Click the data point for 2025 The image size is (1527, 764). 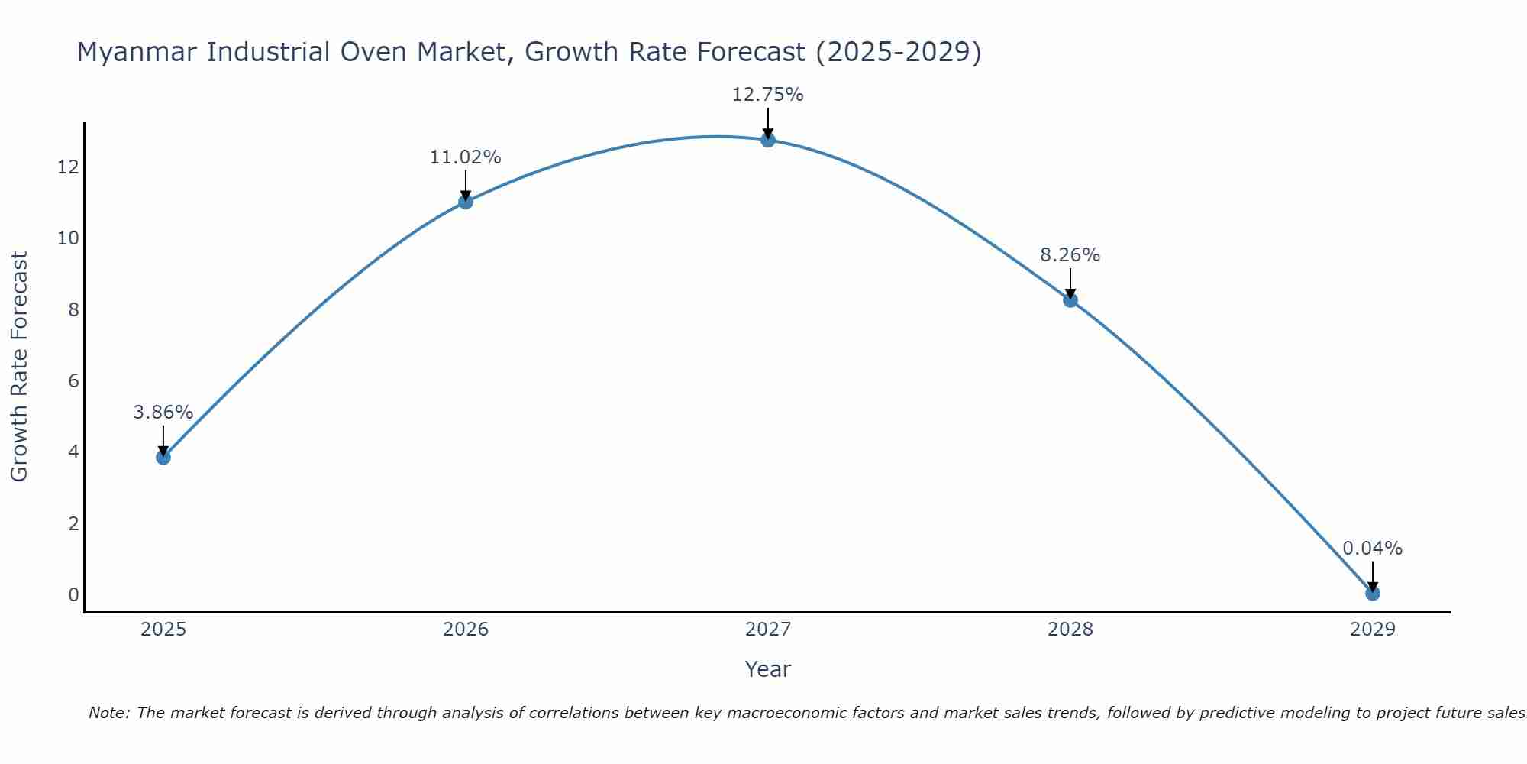163,457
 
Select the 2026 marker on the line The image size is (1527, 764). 466,202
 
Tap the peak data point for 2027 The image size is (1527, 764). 768,140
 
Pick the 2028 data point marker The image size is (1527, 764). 1070,300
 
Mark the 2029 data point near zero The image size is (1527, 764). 1373,593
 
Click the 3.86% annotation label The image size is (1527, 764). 163,413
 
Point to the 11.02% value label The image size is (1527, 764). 466,157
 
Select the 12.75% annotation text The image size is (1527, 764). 768,95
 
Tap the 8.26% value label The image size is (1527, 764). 1070,255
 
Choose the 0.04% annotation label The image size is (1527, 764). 1373,549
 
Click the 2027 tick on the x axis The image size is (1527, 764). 768,630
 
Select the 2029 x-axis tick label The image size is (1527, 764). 1373,630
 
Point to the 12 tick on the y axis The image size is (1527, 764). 68,167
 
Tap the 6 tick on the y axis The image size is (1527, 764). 73,380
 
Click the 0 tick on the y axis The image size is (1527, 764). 73,594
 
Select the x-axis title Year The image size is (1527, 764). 768,669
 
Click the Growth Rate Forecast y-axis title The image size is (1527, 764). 19,367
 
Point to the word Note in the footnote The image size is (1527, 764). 108,713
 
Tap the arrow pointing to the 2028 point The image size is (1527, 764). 1070,283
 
